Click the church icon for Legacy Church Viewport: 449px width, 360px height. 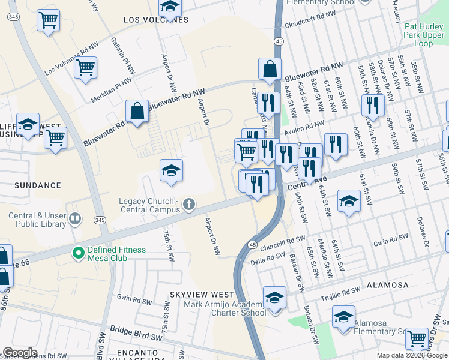189,205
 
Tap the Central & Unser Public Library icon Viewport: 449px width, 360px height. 75,220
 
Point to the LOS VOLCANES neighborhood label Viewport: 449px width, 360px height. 155,20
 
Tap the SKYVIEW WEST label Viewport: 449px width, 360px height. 202,295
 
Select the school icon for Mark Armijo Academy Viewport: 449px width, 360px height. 275,298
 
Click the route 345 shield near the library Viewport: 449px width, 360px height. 100,221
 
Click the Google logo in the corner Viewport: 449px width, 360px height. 20,353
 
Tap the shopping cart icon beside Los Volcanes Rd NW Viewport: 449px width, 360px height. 86,67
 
